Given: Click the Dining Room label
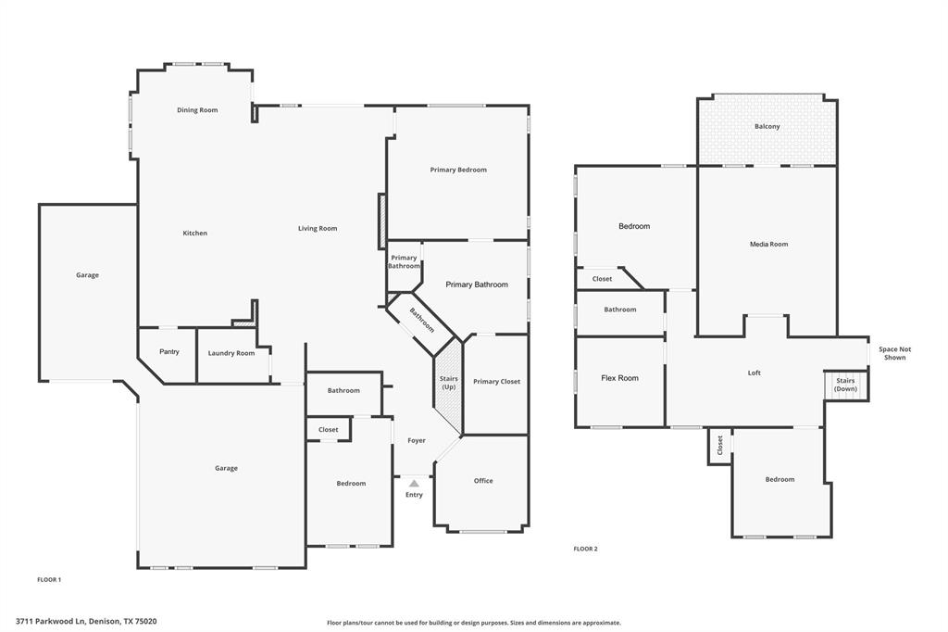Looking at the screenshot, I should coord(197,110).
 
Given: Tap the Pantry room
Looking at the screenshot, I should coord(168,352).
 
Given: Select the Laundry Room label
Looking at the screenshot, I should coord(231,353).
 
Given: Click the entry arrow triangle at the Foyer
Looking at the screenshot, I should coord(414,483).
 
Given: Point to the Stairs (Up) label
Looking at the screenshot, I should coord(448,383).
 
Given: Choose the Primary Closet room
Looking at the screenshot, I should coord(496,382).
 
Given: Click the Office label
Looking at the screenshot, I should coord(483,481).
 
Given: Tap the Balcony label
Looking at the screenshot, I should coord(767,126).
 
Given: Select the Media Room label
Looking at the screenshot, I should coord(768,245).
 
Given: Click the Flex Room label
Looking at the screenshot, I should coord(619,378).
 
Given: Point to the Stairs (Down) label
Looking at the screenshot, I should coord(845,385).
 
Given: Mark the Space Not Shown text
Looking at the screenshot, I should coord(894,353).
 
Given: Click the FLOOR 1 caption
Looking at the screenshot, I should coord(49,579).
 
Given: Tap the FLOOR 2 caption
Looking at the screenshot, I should coord(585,549).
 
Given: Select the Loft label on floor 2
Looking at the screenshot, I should coord(754,373).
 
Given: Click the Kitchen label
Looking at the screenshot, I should coord(194,234).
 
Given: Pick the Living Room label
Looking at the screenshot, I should coord(318,229).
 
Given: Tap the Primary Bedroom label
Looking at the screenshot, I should coord(457,170).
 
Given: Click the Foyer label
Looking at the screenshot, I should coord(417,440).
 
